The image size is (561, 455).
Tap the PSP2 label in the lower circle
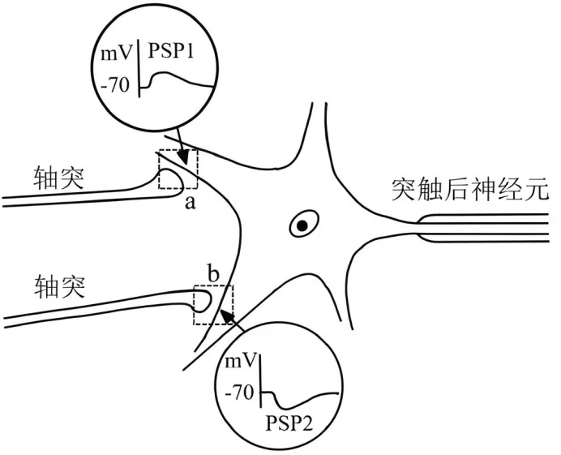289,423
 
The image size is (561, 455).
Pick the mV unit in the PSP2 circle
240,360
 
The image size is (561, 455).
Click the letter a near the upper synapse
191,203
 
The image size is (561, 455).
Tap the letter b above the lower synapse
213,273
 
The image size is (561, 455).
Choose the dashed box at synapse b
213,305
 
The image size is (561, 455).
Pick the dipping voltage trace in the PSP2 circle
296,397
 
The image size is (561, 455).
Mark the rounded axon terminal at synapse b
205,302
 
